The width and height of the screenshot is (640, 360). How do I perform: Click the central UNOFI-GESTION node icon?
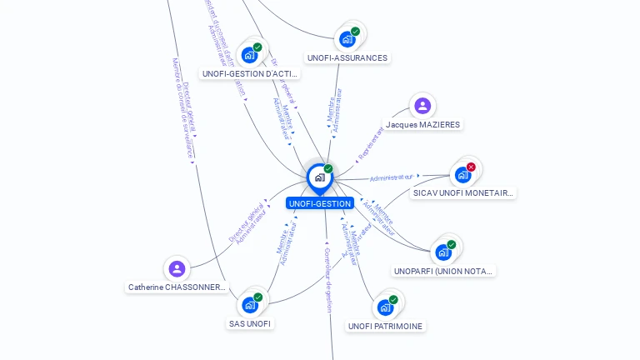tap(319, 177)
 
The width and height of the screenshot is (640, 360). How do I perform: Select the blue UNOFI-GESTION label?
tap(320, 203)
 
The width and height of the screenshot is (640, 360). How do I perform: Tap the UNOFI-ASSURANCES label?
tap(347, 58)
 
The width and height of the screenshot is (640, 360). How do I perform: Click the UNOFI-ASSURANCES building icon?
tap(347, 38)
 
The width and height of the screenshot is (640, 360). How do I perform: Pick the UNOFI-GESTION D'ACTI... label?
tap(250, 74)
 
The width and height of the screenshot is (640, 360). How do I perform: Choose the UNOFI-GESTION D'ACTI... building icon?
tap(249, 55)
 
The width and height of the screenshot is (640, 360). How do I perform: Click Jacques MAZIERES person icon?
tap(422, 106)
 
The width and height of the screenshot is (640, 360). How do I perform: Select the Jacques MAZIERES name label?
tap(422, 125)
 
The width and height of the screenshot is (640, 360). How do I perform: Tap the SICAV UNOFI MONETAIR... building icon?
tap(462, 175)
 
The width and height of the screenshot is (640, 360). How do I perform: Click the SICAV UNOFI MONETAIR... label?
tap(463, 192)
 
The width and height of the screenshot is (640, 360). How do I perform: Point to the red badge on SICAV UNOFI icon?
tap(471, 167)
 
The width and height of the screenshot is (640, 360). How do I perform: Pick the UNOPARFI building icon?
tap(443, 252)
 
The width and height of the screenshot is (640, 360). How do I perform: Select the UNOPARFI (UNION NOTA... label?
tap(444, 271)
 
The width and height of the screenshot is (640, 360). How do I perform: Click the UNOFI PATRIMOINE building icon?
tap(385, 307)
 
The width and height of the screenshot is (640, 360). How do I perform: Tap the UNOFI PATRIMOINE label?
tap(385, 326)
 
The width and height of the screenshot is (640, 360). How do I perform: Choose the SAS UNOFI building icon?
tap(250, 304)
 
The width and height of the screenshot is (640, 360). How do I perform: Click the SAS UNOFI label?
tap(250, 323)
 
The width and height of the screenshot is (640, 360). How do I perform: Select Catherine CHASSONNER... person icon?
tap(177, 268)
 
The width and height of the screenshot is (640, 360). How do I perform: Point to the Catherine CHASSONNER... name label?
tap(177, 287)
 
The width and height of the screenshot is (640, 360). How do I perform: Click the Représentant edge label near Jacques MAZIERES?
tap(373, 144)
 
